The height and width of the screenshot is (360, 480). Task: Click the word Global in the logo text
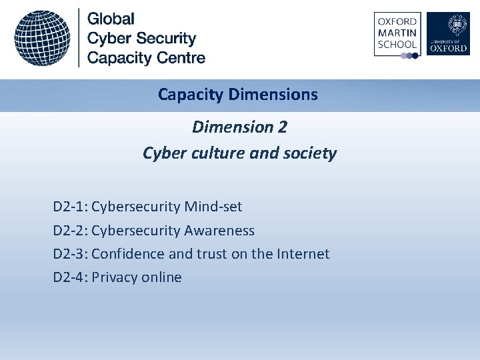tap(111, 19)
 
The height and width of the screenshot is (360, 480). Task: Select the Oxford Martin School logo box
tap(397, 34)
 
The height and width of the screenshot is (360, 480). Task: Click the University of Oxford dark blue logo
tap(448, 34)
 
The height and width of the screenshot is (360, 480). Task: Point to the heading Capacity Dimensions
tap(238, 95)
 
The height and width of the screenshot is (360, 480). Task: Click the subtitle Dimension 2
tap(239, 127)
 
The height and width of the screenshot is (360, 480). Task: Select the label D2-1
tap(70, 207)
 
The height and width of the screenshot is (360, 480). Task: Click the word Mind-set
tap(214, 207)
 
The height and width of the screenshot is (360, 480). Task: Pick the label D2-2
tap(70, 231)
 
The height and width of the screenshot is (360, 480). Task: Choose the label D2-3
tap(70, 254)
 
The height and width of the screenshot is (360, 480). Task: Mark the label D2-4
tap(70, 277)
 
